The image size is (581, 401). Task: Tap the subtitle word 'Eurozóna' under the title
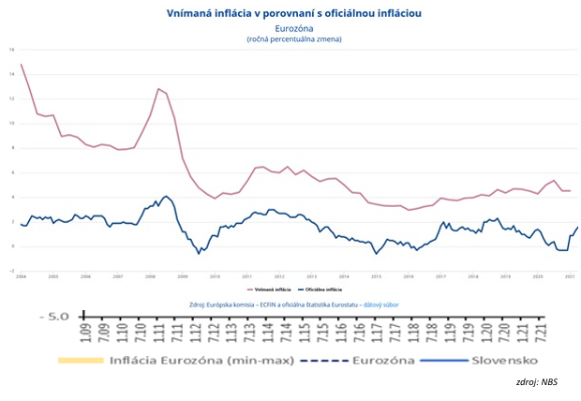click(x=293, y=28)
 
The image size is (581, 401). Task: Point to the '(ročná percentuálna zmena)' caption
click(x=293, y=39)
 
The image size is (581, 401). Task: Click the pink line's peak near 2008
click(x=158, y=88)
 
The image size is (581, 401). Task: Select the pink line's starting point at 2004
click(x=21, y=65)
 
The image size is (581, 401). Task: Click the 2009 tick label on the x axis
click(x=183, y=277)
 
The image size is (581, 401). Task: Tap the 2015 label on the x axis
click(x=376, y=277)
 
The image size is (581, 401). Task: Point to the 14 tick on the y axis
click(x=12, y=73)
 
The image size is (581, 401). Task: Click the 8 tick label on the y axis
click(x=13, y=147)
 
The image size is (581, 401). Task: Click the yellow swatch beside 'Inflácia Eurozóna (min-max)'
click(x=79, y=362)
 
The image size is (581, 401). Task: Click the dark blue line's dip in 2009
click(x=199, y=253)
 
